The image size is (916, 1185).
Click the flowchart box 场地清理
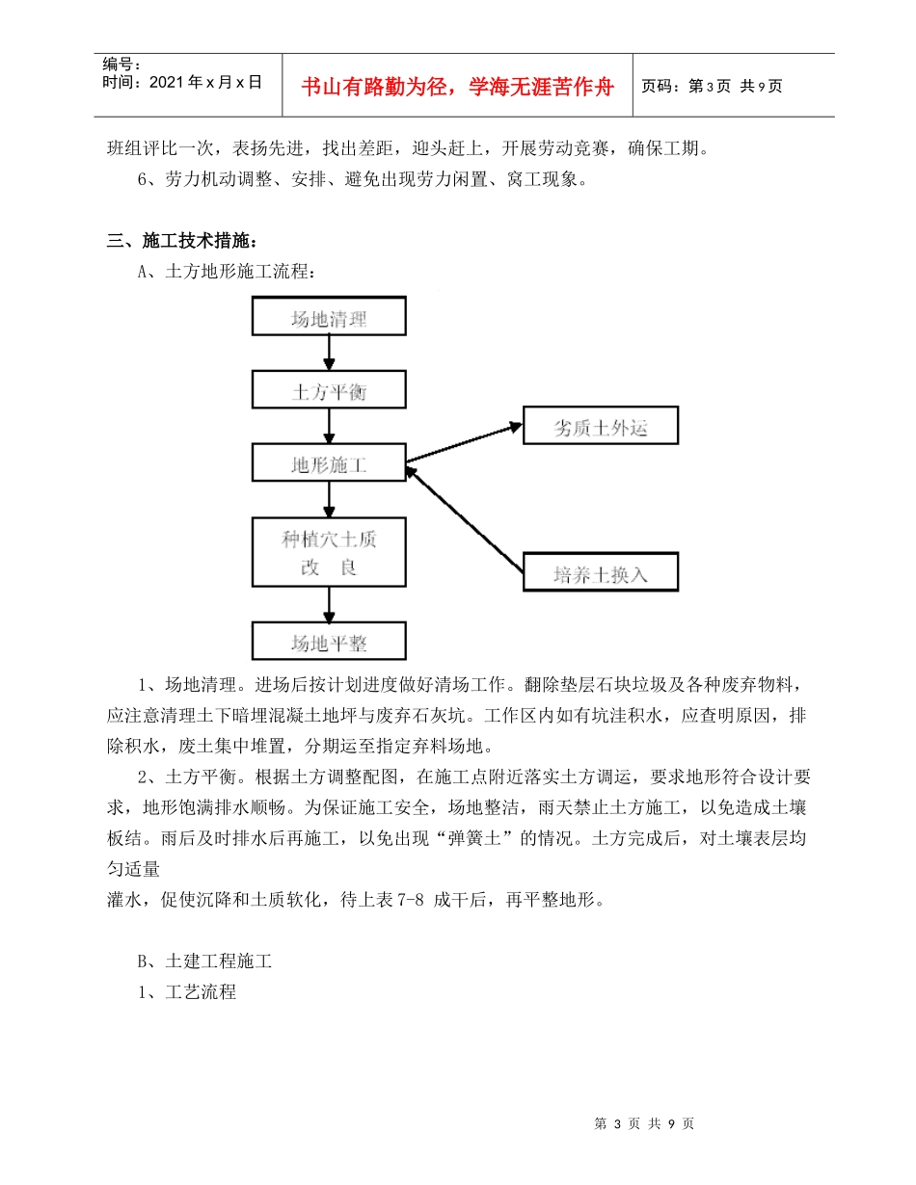pos(329,317)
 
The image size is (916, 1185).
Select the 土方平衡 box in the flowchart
pos(329,390)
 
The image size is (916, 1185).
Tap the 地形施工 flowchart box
pos(329,463)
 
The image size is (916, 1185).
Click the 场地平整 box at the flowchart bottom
pos(329,641)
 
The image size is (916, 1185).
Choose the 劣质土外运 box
pos(600,427)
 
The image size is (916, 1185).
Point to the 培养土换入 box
pos(600,572)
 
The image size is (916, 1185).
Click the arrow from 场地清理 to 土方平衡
pos(329,354)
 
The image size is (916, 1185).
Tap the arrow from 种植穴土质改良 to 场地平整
pos(329,604)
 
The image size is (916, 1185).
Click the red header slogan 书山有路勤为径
pos(457,87)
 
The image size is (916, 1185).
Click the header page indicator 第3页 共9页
pos(713,87)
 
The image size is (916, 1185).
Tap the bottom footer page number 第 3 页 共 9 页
pos(644,1123)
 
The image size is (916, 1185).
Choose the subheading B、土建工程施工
pos(205,961)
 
